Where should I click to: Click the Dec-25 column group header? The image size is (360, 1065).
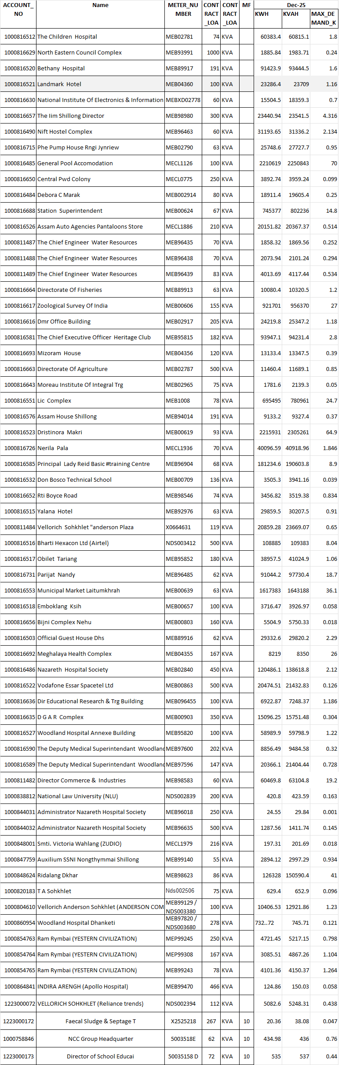(x=296, y=5)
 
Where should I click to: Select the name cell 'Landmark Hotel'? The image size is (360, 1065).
(x=59, y=84)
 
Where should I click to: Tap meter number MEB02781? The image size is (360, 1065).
(x=179, y=36)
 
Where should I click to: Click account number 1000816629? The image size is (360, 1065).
(x=20, y=52)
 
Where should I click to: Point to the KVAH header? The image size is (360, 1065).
(x=291, y=14)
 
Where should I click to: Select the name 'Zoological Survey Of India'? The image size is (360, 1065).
(x=73, y=305)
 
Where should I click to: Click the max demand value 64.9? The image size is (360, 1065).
(x=331, y=432)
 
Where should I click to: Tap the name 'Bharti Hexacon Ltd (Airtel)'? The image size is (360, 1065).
(x=73, y=543)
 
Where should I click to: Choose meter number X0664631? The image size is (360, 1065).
(x=178, y=527)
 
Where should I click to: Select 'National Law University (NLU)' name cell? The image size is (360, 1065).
(x=78, y=796)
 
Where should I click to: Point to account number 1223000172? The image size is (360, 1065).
(x=18, y=1021)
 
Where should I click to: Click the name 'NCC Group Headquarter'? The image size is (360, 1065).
(x=101, y=1039)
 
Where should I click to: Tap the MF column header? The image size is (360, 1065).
(x=247, y=5)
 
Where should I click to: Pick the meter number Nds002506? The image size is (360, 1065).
(x=180, y=891)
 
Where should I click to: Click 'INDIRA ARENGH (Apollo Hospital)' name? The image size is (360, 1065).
(x=83, y=986)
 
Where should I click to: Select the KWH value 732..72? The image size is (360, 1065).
(x=265, y=923)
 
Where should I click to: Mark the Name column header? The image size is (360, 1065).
(x=100, y=5)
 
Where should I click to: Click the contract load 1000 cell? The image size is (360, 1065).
(x=213, y=52)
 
